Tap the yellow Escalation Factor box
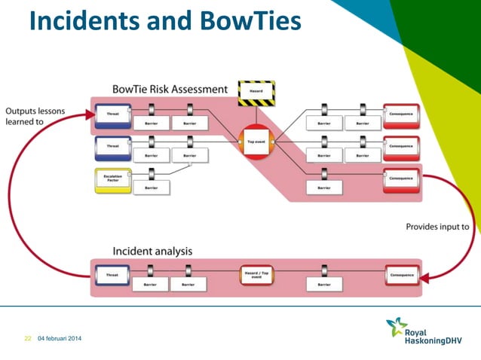point(113,182)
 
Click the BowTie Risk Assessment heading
point(169,89)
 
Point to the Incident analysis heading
point(152,250)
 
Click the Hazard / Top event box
point(256,274)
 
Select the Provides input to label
point(437,226)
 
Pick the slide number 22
point(27,338)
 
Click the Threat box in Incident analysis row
point(112,275)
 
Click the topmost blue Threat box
point(113,114)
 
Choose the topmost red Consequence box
point(400,114)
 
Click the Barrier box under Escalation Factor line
point(151,188)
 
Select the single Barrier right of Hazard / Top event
point(324,285)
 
